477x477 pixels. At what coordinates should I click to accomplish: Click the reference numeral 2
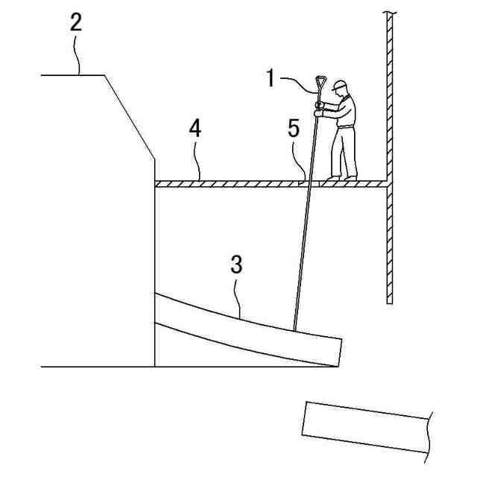tap(76, 22)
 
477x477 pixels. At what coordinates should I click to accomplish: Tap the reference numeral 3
tap(236, 265)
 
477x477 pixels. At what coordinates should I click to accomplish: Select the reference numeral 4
tap(195, 128)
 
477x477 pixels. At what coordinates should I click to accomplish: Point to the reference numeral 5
tap(294, 128)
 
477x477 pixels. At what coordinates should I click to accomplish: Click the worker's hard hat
tap(341, 84)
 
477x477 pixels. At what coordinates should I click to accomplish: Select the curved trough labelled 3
tap(246, 328)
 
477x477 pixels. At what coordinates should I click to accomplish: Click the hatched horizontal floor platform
tap(246, 183)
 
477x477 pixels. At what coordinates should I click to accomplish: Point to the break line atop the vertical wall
tap(389, 13)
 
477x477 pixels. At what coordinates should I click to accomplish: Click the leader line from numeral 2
tap(77, 56)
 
